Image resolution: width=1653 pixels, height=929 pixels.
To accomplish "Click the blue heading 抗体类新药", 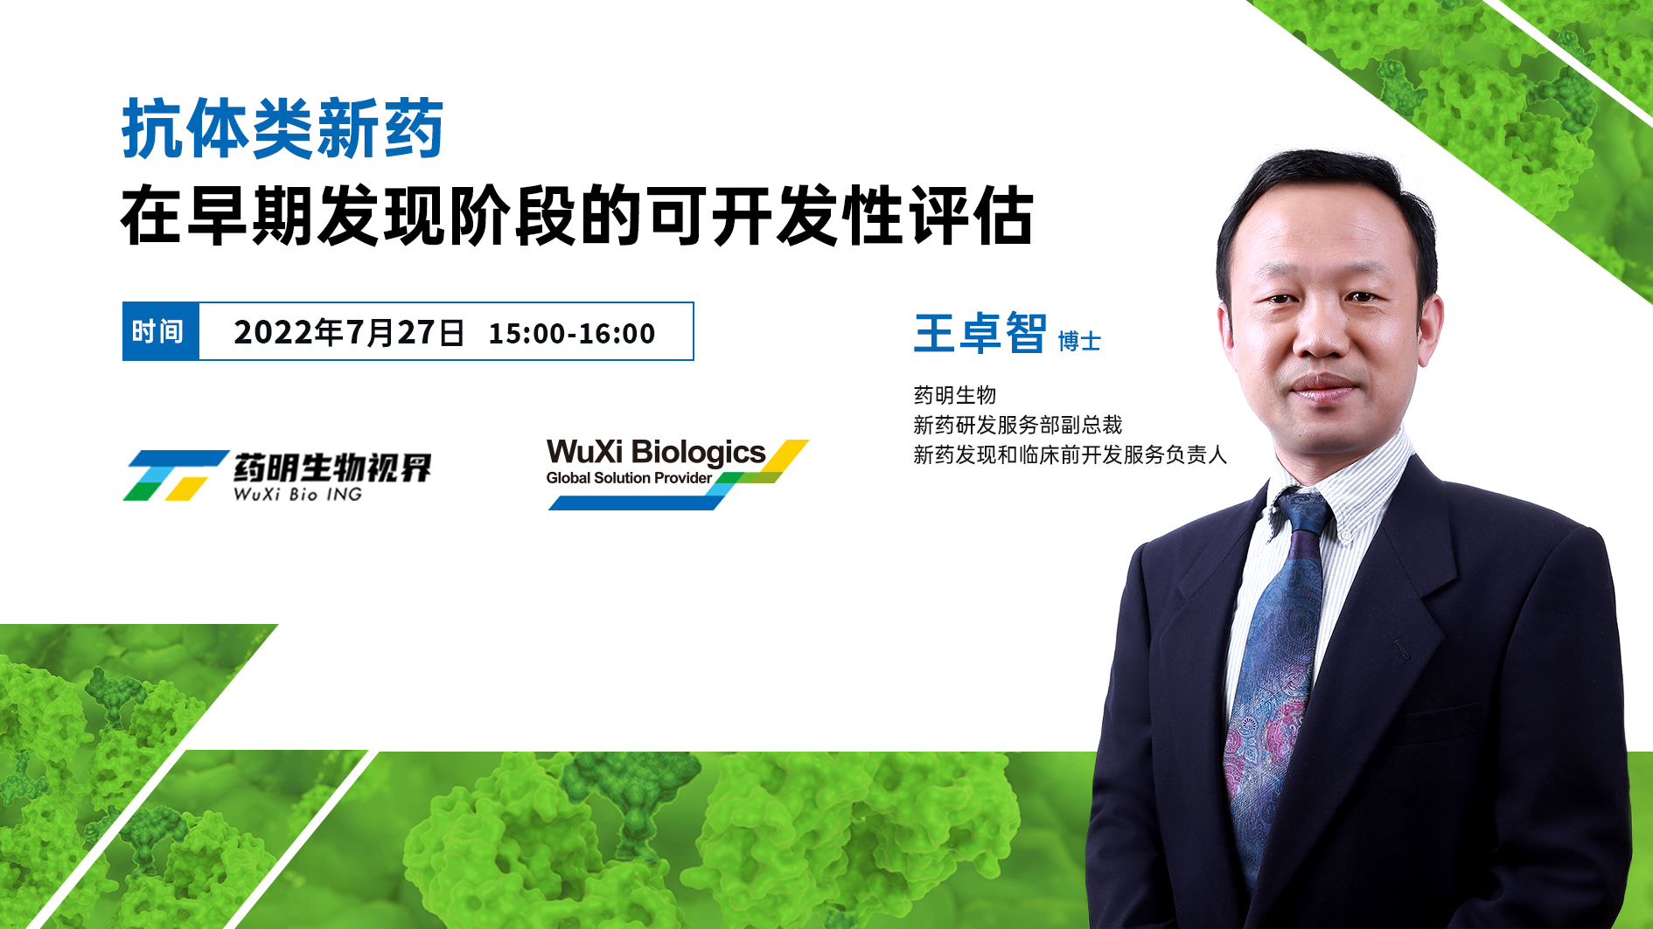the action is click(282, 129).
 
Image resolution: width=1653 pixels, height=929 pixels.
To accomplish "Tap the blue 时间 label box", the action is click(161, 331).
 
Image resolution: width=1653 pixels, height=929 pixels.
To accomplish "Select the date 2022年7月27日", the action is click(349, 333).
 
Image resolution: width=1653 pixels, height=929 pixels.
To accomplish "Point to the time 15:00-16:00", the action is click(571, 334).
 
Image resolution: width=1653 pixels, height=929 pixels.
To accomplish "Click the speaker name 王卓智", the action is click(980, 333).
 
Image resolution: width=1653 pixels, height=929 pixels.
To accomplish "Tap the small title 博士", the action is click(1079, 341).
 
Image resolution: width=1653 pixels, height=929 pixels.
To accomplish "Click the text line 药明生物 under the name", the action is click(955, 395).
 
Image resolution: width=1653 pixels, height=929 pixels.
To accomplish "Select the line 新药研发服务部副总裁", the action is click(1018, 425).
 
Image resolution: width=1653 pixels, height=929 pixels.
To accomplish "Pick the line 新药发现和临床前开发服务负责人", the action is click(1071, 454).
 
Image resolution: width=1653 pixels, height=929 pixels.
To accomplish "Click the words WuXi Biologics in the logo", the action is click(656, 453).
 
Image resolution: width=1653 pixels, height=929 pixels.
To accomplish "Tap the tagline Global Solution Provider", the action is click(629, 478).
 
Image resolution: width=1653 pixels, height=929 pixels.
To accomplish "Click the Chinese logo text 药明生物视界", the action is click(332, 468).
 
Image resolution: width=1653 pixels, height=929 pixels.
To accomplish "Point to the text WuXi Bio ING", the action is click(297, 494).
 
